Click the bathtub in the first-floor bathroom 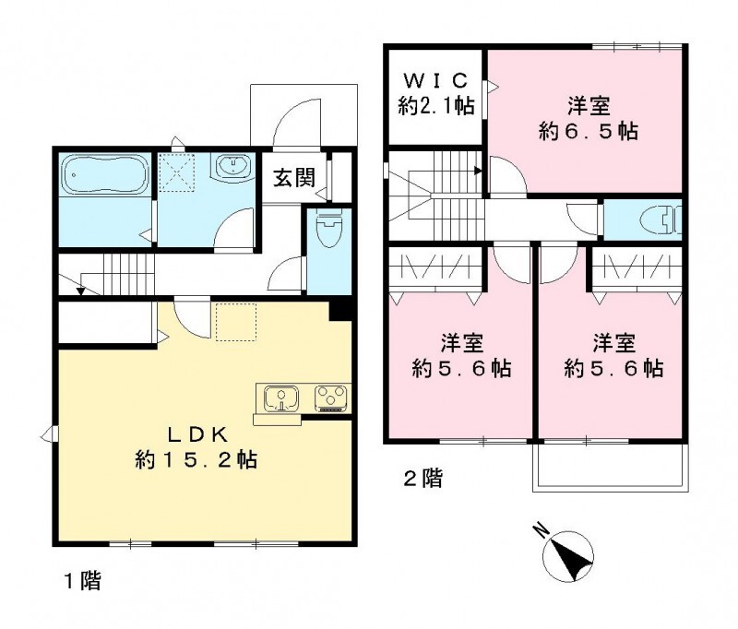(102, 173)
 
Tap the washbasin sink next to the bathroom (232, 167)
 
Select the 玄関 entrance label (293, 177)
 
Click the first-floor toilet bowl (327, 228)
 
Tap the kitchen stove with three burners (327, 398)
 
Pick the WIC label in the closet (436, 81)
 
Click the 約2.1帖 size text (436, 106)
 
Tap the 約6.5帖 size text (588, 131)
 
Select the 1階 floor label (82, 582)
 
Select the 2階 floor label (421, 479)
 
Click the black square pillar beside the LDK (340, 310)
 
